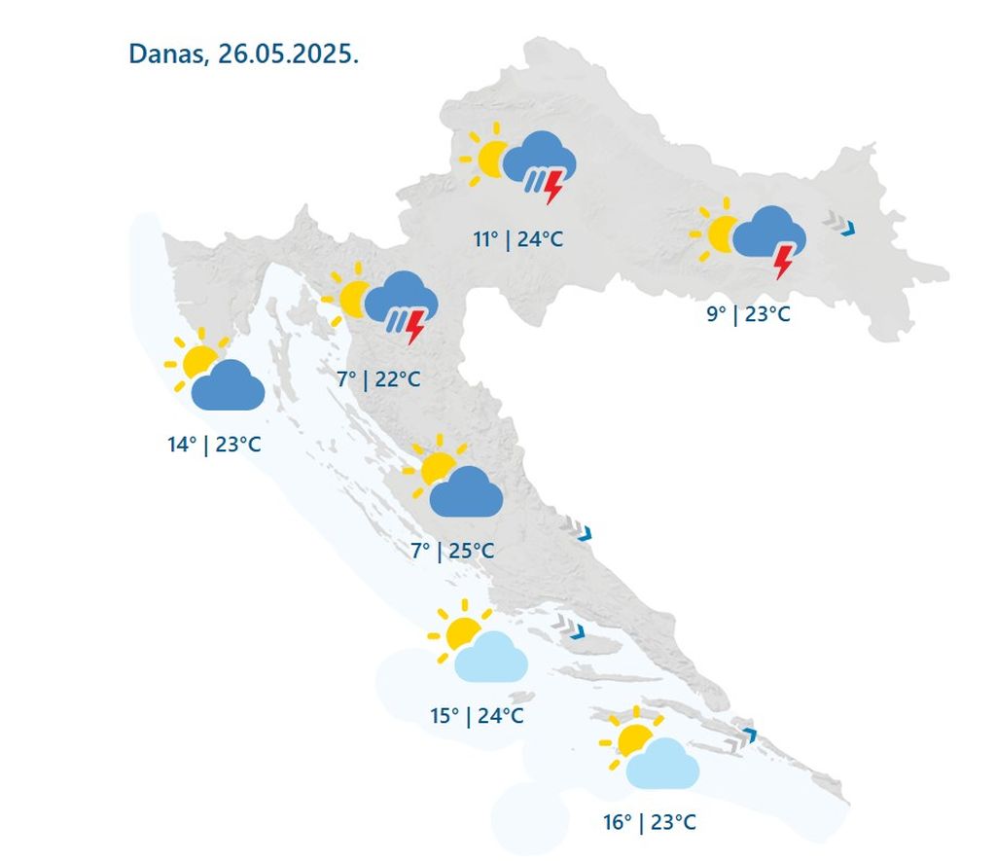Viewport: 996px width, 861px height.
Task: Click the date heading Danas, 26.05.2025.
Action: pos(243,54)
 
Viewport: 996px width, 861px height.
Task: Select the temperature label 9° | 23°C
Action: pos(747,313)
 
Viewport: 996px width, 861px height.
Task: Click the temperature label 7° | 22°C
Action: pos(378,378)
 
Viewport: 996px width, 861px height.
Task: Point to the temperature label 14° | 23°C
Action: pos(213,445)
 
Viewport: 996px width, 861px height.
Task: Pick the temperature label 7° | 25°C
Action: pos(451,551)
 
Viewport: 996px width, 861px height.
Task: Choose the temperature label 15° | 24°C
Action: pos(477,716)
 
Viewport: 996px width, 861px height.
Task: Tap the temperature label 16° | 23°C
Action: pos(649,822)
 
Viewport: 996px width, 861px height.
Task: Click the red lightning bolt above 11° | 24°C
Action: pos(553,186)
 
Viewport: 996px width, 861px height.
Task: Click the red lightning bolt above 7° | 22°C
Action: pos(415,326)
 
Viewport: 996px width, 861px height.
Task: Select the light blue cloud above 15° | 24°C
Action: pos(492,658)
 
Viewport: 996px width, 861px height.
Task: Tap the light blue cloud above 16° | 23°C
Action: pos(663,764)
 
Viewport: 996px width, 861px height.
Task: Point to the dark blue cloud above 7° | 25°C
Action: pos(466,493)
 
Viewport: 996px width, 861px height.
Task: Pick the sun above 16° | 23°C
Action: pos(632,737)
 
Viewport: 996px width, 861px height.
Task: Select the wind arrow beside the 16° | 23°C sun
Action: pos(740,737)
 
